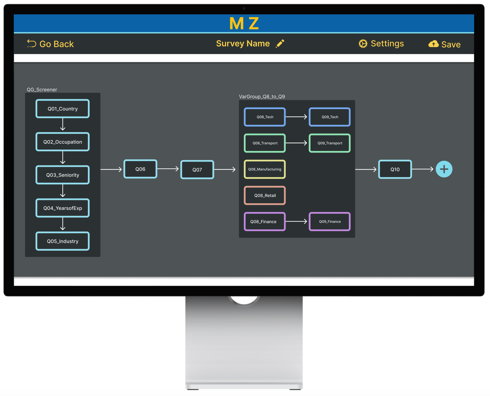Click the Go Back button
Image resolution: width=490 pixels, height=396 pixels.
pyautogui.click(x=51, y=44)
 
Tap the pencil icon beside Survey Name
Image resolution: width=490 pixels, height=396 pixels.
pyautogui.click(x=280, y=43)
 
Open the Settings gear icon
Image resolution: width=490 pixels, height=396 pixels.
pyautogui.click(x=363, y=43)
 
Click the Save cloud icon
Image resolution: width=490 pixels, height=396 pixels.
pyautogui.click(x=433, y=44)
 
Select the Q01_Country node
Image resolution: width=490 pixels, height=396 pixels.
pyautogui.click(x=63, y=109)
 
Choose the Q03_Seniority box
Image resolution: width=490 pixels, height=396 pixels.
pyautogui.click(x=63, y=175)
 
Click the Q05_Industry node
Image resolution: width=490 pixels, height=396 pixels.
pyautogui.click(x=63, y=241)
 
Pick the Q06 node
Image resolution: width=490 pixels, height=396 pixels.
pyautogui.click(x=140, y=169)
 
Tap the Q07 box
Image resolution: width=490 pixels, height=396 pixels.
pyautogui.click(x=197, y=170)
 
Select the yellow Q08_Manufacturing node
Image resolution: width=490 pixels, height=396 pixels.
pyautogui.click(x=265, y=169)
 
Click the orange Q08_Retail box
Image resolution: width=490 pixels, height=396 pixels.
pyautogui.click(x=265, y=196)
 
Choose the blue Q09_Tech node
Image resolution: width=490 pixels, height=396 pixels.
pyautogui.click(x=330, y=117)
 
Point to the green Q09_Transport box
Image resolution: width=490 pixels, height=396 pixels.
pyautogui.click(x=330, y=143)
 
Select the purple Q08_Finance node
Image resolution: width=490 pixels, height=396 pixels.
pyautogui.click(x=265, y=222)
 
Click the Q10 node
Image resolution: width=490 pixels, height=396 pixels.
pyautogui.click(x=395, y=170)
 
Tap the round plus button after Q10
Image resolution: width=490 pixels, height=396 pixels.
pyautogui.click(x=444, y=169)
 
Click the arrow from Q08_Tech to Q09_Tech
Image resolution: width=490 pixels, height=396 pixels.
pyautogui.click(x=296, y=117)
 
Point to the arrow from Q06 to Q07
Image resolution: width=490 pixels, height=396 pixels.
pyautogui.click(x=168, y=169)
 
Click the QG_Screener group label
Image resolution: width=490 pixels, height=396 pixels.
pyautogui.click(x=42, y=90)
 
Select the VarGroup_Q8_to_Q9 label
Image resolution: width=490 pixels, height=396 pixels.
pyautogui.click(x=262, y=97)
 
